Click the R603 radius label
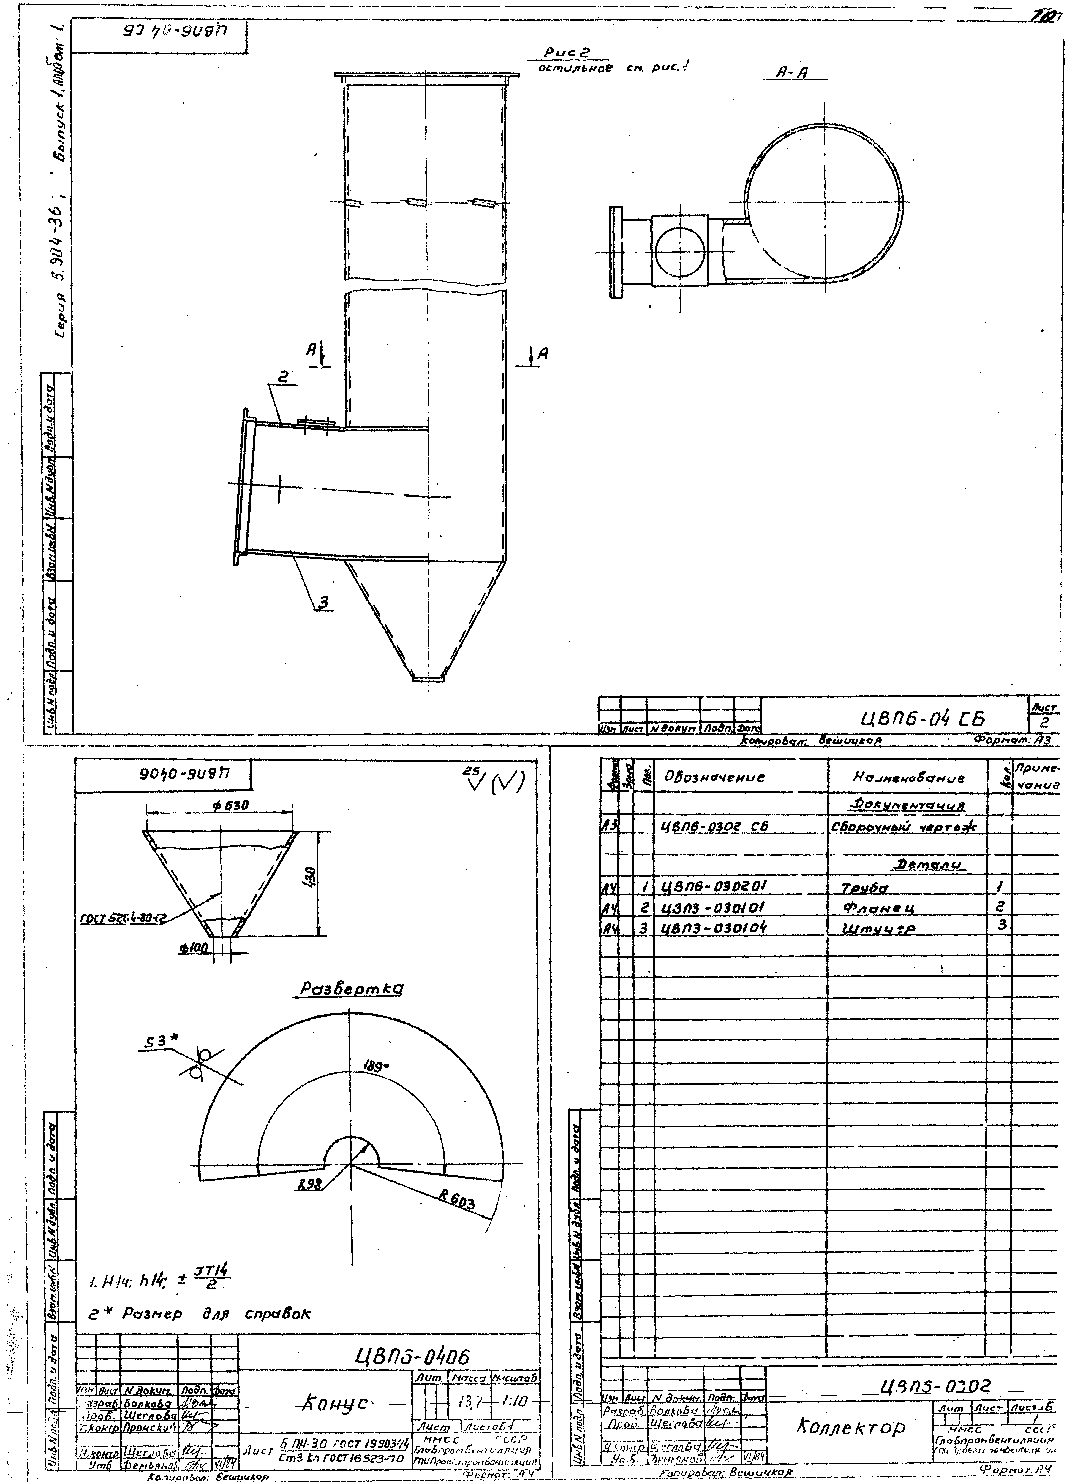(x=457, y=1200)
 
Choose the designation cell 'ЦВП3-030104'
(x=715, y=928)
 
